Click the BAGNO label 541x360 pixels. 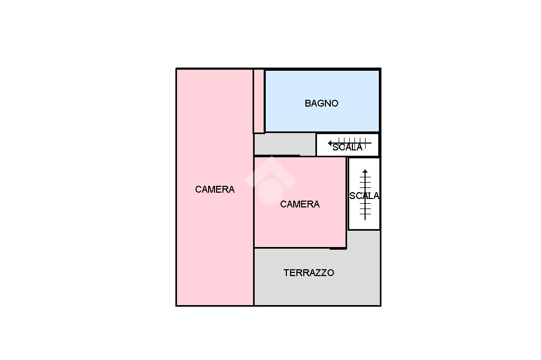[321, 103]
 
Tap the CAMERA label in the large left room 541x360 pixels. [214, 190]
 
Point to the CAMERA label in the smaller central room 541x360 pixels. [300, 204]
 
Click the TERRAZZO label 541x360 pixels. [309, 273]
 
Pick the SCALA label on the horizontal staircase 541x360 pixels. [347, 147]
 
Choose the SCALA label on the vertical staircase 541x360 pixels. [364, 196]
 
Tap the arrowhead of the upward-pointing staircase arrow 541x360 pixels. [365, 172]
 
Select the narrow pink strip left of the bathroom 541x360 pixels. [258, 100]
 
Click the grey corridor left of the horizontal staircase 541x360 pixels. [284, 144]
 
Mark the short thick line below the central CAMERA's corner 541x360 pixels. [338, 249]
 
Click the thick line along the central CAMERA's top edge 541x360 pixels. [277, 156]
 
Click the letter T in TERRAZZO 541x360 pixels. [286, 273]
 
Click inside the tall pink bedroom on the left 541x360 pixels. [214, 238]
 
